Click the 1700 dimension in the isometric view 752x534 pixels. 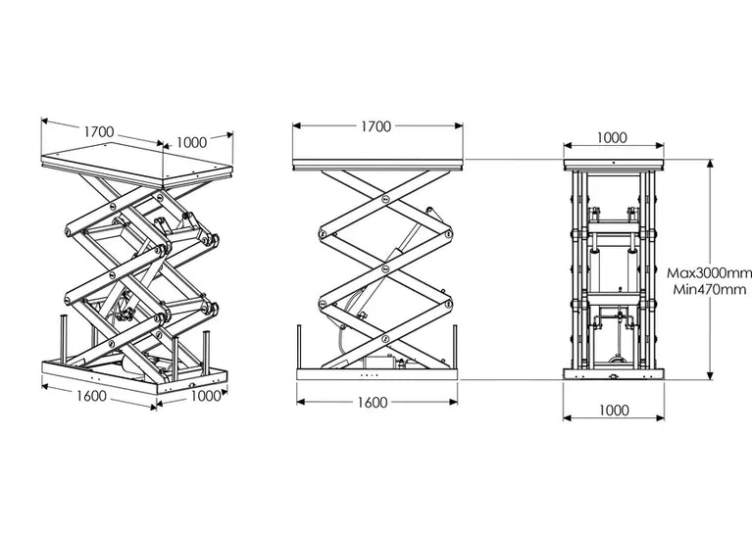tap(99, 132)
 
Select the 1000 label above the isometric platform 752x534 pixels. tap(191, 142)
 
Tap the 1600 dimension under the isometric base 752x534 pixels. tap(91, 396)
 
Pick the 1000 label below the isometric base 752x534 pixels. tap(206, 396)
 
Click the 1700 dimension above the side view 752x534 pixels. tap(376, 126)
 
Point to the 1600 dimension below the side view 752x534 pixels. tap(373, 402)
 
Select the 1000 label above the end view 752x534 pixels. tap(612, 138)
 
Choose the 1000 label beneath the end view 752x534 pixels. tap(614, 411)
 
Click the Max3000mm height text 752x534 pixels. tap(709, 273)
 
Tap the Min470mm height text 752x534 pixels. tap(709, 289)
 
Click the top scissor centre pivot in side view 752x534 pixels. tap(385, 199)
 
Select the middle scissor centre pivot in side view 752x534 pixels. tap(385, 269)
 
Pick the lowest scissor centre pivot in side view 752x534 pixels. tap(385, 339)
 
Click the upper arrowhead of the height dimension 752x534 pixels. tap(710, 164)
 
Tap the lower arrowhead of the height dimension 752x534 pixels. tap(710, 375)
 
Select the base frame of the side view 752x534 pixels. tap(376, 374)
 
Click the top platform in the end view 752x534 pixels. tap(614, 165)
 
